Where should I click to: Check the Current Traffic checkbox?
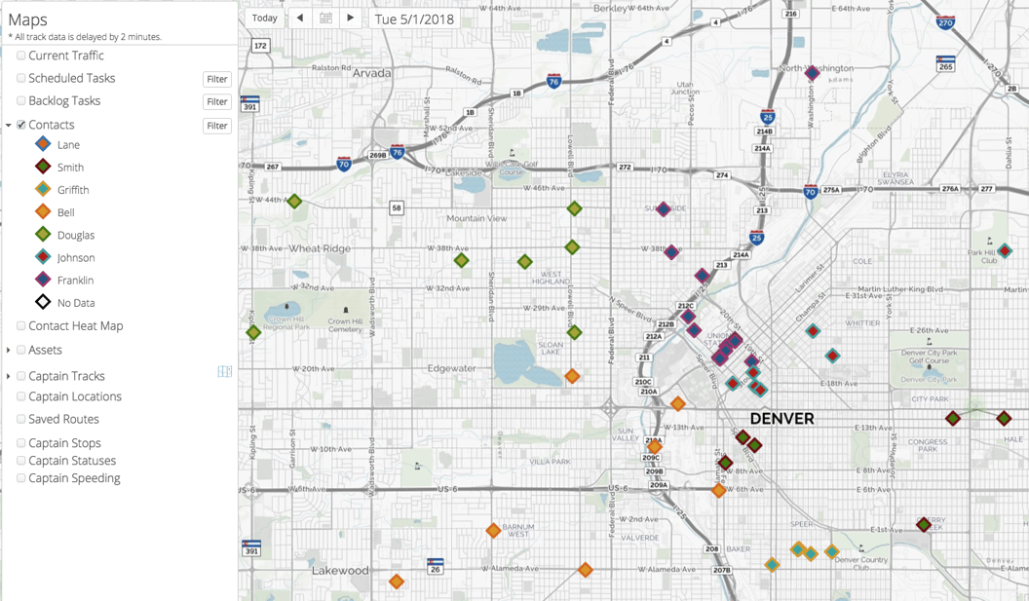coord(21,56)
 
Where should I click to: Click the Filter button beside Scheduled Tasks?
coord(216,79)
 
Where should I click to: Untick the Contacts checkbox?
coord(21,125)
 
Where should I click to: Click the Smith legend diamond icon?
coord(43,167)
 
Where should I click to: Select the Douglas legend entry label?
coord(75,235)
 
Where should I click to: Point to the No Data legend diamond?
coord(43,302)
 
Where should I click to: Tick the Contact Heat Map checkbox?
coord(21,325)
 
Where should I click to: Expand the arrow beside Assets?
coord(9,350)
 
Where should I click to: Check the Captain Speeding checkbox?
coord(21,478)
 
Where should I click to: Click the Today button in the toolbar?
coord(264,18)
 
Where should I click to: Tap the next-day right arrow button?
coord(351,18)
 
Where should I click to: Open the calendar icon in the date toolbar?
coord(325,18)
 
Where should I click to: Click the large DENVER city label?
coord(781,419)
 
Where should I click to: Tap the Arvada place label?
coord(371,73)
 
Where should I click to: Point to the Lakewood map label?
coord(340,570)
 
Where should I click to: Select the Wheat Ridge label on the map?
coord(320,248)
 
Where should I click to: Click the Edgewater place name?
coord(452,368)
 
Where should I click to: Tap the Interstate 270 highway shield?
coord(945,21)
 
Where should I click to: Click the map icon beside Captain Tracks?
coord(225,371)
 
